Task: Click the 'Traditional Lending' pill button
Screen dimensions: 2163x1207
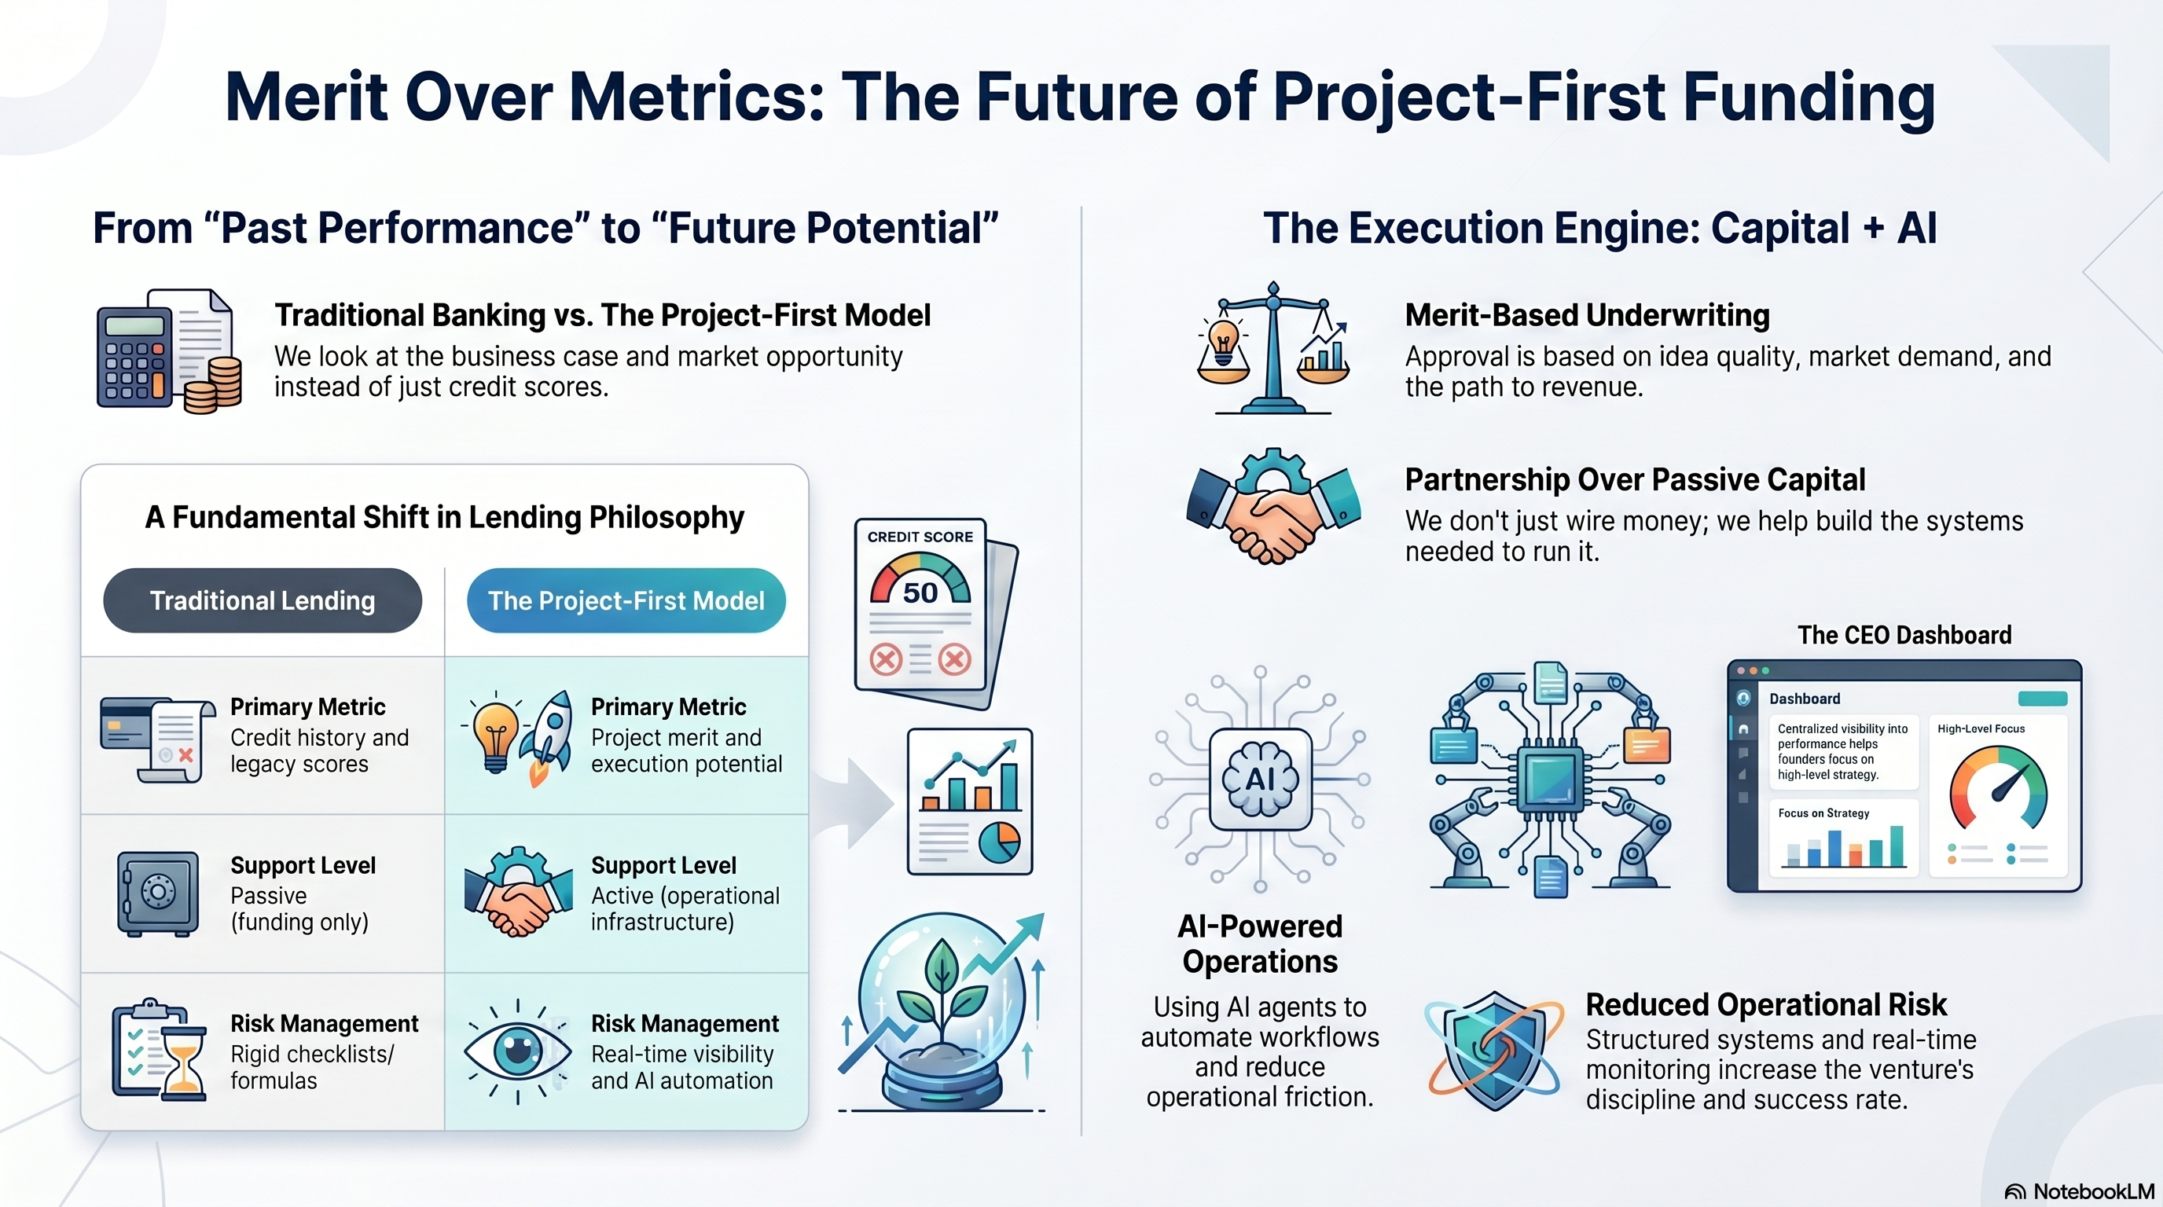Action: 262,600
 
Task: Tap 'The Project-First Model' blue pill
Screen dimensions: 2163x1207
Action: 626,600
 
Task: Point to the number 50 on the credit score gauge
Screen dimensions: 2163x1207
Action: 920,592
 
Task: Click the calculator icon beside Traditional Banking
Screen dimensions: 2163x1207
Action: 134,357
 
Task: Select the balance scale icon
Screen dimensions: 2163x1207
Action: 1273,347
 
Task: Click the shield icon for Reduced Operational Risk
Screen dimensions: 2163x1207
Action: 1495,1050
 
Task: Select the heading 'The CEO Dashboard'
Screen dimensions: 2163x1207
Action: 1904,635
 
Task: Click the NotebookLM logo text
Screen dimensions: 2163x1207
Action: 2094,1192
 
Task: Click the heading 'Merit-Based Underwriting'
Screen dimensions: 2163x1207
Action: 1587,315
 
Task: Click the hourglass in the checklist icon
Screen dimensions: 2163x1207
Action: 183,1062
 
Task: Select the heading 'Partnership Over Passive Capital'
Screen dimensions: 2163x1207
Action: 1635,479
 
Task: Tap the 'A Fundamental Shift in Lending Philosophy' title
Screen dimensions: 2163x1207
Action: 444,517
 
